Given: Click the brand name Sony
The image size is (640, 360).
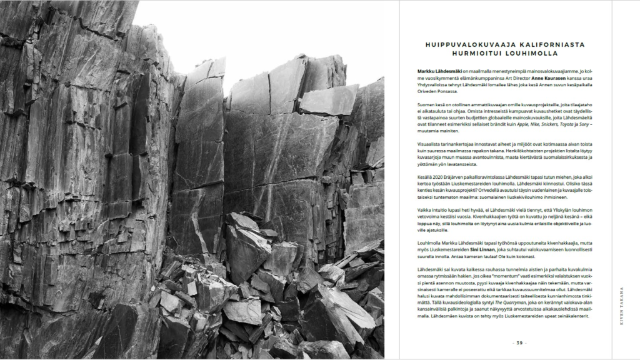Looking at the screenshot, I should coord(583,124).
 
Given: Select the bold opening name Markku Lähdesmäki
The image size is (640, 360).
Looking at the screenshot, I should coord(436,72).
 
